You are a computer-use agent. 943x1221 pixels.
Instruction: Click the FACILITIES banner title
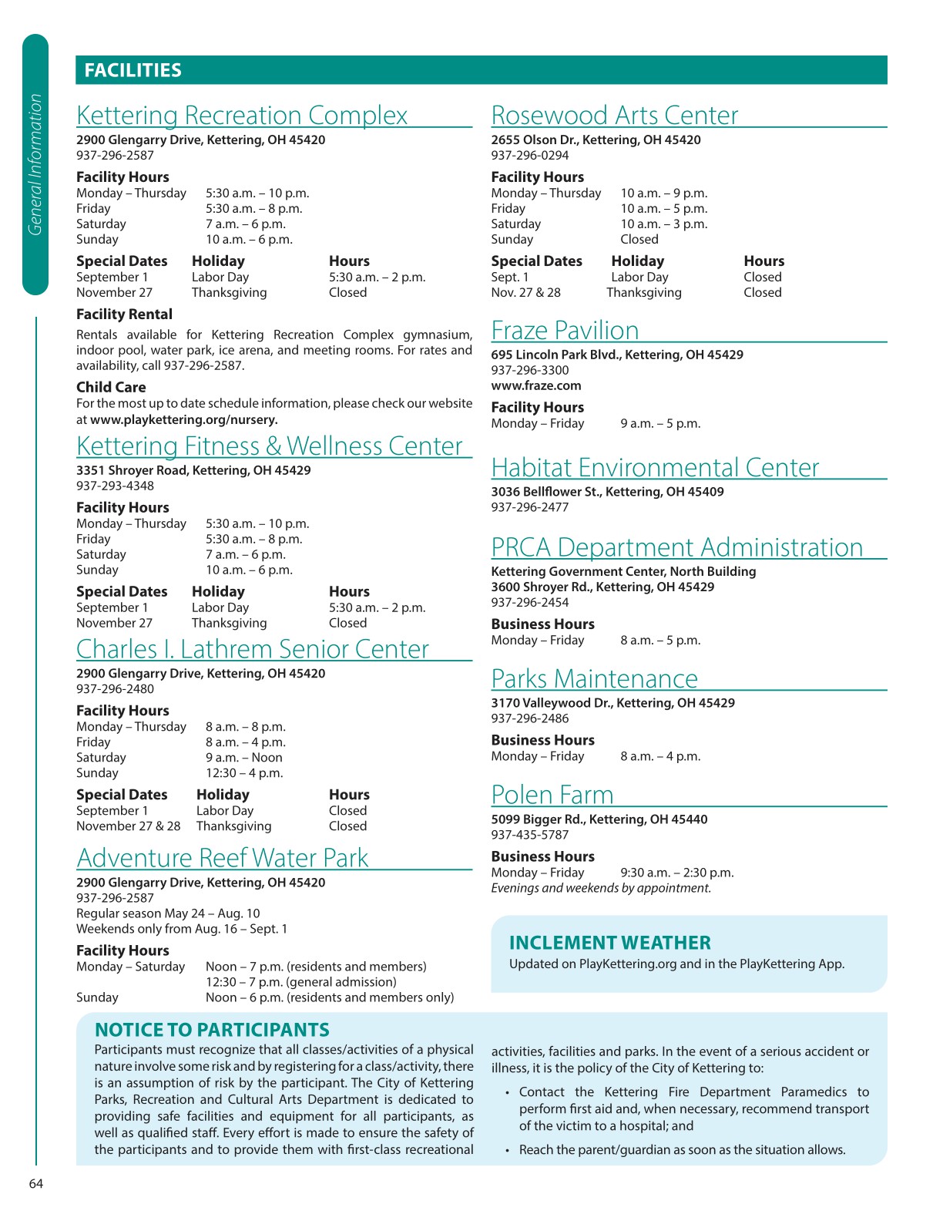pyautogui.click(x=133, y=71)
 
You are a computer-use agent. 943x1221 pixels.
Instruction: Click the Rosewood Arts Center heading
pyautogui.click(x=614, y=116)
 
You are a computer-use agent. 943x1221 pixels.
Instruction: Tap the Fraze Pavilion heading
pyautogui.click(x=565, y=331)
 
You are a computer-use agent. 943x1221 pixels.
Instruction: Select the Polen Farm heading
pyautogui.click(x=552, y=795)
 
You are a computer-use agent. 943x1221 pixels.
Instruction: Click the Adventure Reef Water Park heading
pyautogui.click(x=223, y=858)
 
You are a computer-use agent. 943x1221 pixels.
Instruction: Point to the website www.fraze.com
pyautogui.click(x=536, y=385)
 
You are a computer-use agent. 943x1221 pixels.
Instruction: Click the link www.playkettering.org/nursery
pyautogui.click(x=184, y=420)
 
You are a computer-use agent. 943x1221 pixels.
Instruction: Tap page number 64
pyautogui.click(x=36, y=1184)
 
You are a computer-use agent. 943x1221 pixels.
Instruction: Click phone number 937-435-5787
pyautogui.click(x=530, y=835)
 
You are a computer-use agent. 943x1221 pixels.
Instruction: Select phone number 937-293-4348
pyautogui.click(x=115, y=486)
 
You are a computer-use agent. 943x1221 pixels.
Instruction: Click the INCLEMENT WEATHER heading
pyautogui.click(x=609, y=943)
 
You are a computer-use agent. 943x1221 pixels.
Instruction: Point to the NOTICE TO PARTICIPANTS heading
pyautogui.click(x=212, y=1030)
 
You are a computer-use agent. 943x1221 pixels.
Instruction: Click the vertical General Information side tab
pyautogui.click(x=35, y=164)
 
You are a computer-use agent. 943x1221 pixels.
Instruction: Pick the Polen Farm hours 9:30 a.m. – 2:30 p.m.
pyautogui.click(x=677, y=873)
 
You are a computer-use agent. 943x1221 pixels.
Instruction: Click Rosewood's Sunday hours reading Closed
pyautogui.click(x=639, y=240)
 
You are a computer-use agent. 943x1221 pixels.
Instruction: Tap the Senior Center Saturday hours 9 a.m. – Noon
pyautogui.click(x=244, y=758)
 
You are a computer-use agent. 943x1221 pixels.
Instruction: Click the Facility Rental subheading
pyautogui.click(x=124, y=314)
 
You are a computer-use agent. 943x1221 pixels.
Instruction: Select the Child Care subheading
pyautogui.click(x=111, y=387)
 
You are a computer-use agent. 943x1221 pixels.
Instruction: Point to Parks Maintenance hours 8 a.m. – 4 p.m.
pyautogui.click(x=660, y=756)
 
